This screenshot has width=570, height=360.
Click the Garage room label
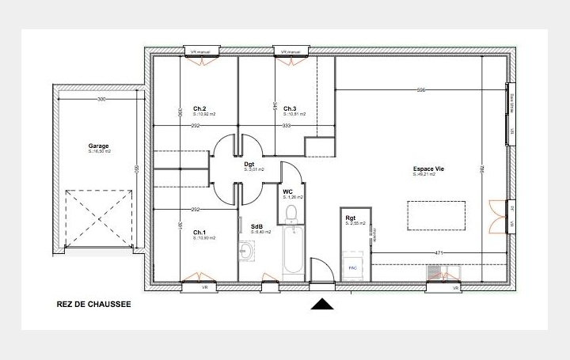pyautogui.click(x=99, y=146)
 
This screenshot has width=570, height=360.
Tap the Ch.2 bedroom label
pyautogui.click(x=199, y=109)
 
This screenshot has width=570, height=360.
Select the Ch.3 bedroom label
pyautogui.click(x=289, y=109)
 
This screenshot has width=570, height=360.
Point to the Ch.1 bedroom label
pyautogui.click(x=199, y=232)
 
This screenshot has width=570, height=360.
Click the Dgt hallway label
pyautogui.click(x=249, y=164)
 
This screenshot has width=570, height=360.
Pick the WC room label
pyautogui.click(x=288, y=191)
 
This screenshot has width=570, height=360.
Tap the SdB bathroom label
pyautogui.click(x=256, y=226)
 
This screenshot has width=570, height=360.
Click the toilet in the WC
pyautogui.click(x=291, y=212)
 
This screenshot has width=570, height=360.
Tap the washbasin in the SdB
pyautogui.click(x=246, y=252)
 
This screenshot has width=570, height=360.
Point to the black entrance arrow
pyautogui.click(x=321, y=303)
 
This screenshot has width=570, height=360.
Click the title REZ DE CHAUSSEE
pyautogui.click(x=94, y=303)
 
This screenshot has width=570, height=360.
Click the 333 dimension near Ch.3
pyautogui.click(x=287, y=126)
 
